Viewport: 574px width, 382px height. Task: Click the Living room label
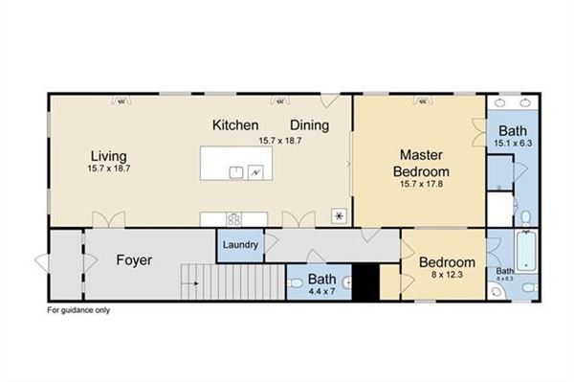(109, 156)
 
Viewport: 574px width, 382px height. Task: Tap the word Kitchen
(235, 125)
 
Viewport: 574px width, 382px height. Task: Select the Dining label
(310, 125)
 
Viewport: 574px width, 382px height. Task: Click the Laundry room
(240, 245)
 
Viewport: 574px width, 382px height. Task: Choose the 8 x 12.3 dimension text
(446, 276)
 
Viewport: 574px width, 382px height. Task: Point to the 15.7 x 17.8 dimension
(419, 184)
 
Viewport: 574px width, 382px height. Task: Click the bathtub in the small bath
(526, 251)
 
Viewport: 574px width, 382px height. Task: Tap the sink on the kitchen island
(235, 171)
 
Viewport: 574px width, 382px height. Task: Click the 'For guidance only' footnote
(78, 311)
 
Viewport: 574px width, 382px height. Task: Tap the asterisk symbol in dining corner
(338, 214)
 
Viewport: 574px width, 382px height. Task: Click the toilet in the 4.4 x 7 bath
(294, 284)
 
